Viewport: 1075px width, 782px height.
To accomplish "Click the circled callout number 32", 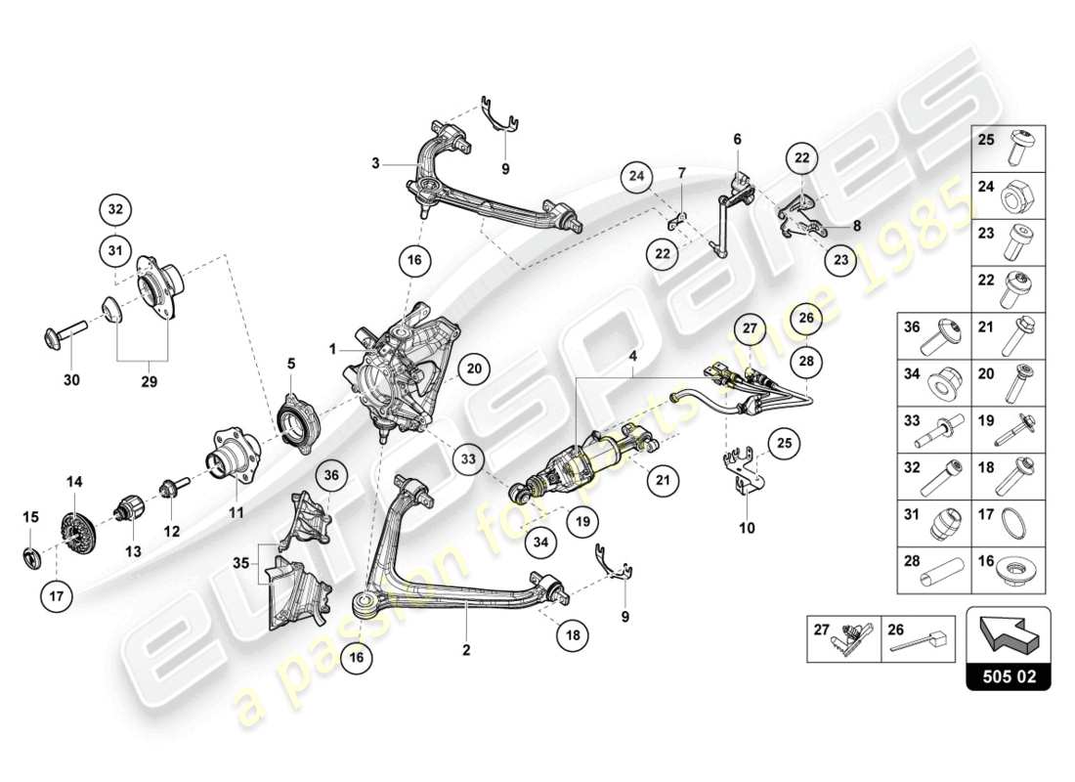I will pyautogui.click(x=115, y=209).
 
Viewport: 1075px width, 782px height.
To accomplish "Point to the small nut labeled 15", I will pyautogui.click(x=31, y=558).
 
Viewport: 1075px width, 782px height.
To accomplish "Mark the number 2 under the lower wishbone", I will pyautogui.click(x=466, y=649).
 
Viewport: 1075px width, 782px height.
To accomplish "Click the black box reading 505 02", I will pyautogui.click(x=1009, y=674).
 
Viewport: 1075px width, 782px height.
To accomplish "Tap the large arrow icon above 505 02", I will pyautogui.click(x=1008, y=631).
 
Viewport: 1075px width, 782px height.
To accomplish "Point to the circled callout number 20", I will pyautogui.click(x=474, y=369).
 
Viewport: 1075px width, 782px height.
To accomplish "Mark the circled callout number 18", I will pyautogui.click(x=574, y=634).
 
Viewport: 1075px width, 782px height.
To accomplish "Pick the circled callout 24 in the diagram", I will pyautogui.click(x=637, y=177).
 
